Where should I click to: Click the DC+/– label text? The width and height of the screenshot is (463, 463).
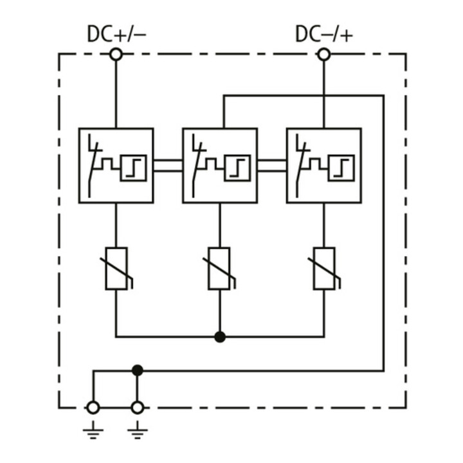click(116, 33)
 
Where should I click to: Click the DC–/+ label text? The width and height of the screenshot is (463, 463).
click(324, 33)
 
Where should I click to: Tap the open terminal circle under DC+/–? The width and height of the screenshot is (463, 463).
click(116, 55)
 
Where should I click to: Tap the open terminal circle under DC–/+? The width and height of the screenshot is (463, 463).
click(324, 55)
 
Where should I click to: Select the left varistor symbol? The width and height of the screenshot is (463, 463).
click(116, 269)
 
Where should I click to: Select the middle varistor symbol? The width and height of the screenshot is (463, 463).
click(219, 269)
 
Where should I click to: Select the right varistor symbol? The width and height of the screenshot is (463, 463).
click(324, 269)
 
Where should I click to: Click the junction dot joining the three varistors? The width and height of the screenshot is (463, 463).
click(220, 336)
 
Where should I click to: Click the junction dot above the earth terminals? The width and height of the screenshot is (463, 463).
click(138, 370)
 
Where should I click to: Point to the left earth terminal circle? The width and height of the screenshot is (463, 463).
click(93, 408)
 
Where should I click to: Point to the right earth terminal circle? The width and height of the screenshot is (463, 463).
click(138, 408)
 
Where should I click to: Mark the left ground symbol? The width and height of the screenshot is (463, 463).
click(93, 430)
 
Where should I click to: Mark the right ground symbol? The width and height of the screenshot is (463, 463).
click(138, 430)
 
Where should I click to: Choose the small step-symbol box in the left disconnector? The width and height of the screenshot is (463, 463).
click(134, 168)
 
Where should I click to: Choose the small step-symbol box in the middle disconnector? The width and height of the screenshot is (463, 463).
click(237, 168)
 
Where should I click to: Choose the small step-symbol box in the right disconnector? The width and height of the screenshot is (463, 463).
click(341, 168)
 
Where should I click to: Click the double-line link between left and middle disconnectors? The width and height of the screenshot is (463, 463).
click(168, 166)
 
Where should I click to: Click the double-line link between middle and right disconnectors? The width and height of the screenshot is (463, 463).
click(272, 166)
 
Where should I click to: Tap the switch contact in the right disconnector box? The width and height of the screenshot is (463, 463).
click(300, 166)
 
